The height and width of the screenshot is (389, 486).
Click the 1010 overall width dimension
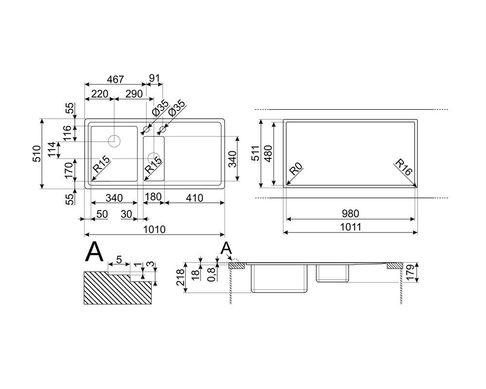(x=155, y=230)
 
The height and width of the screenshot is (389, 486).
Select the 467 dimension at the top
(x=115, y=79)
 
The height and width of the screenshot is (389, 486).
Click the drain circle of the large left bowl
(x=114, y=141)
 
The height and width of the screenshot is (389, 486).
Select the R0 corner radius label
(x=295, y=170)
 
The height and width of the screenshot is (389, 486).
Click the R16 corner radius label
(x=403, y=167)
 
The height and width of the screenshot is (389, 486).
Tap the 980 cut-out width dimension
(x=350, y=213)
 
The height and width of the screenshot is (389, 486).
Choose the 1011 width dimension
(x=350, y=227)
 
